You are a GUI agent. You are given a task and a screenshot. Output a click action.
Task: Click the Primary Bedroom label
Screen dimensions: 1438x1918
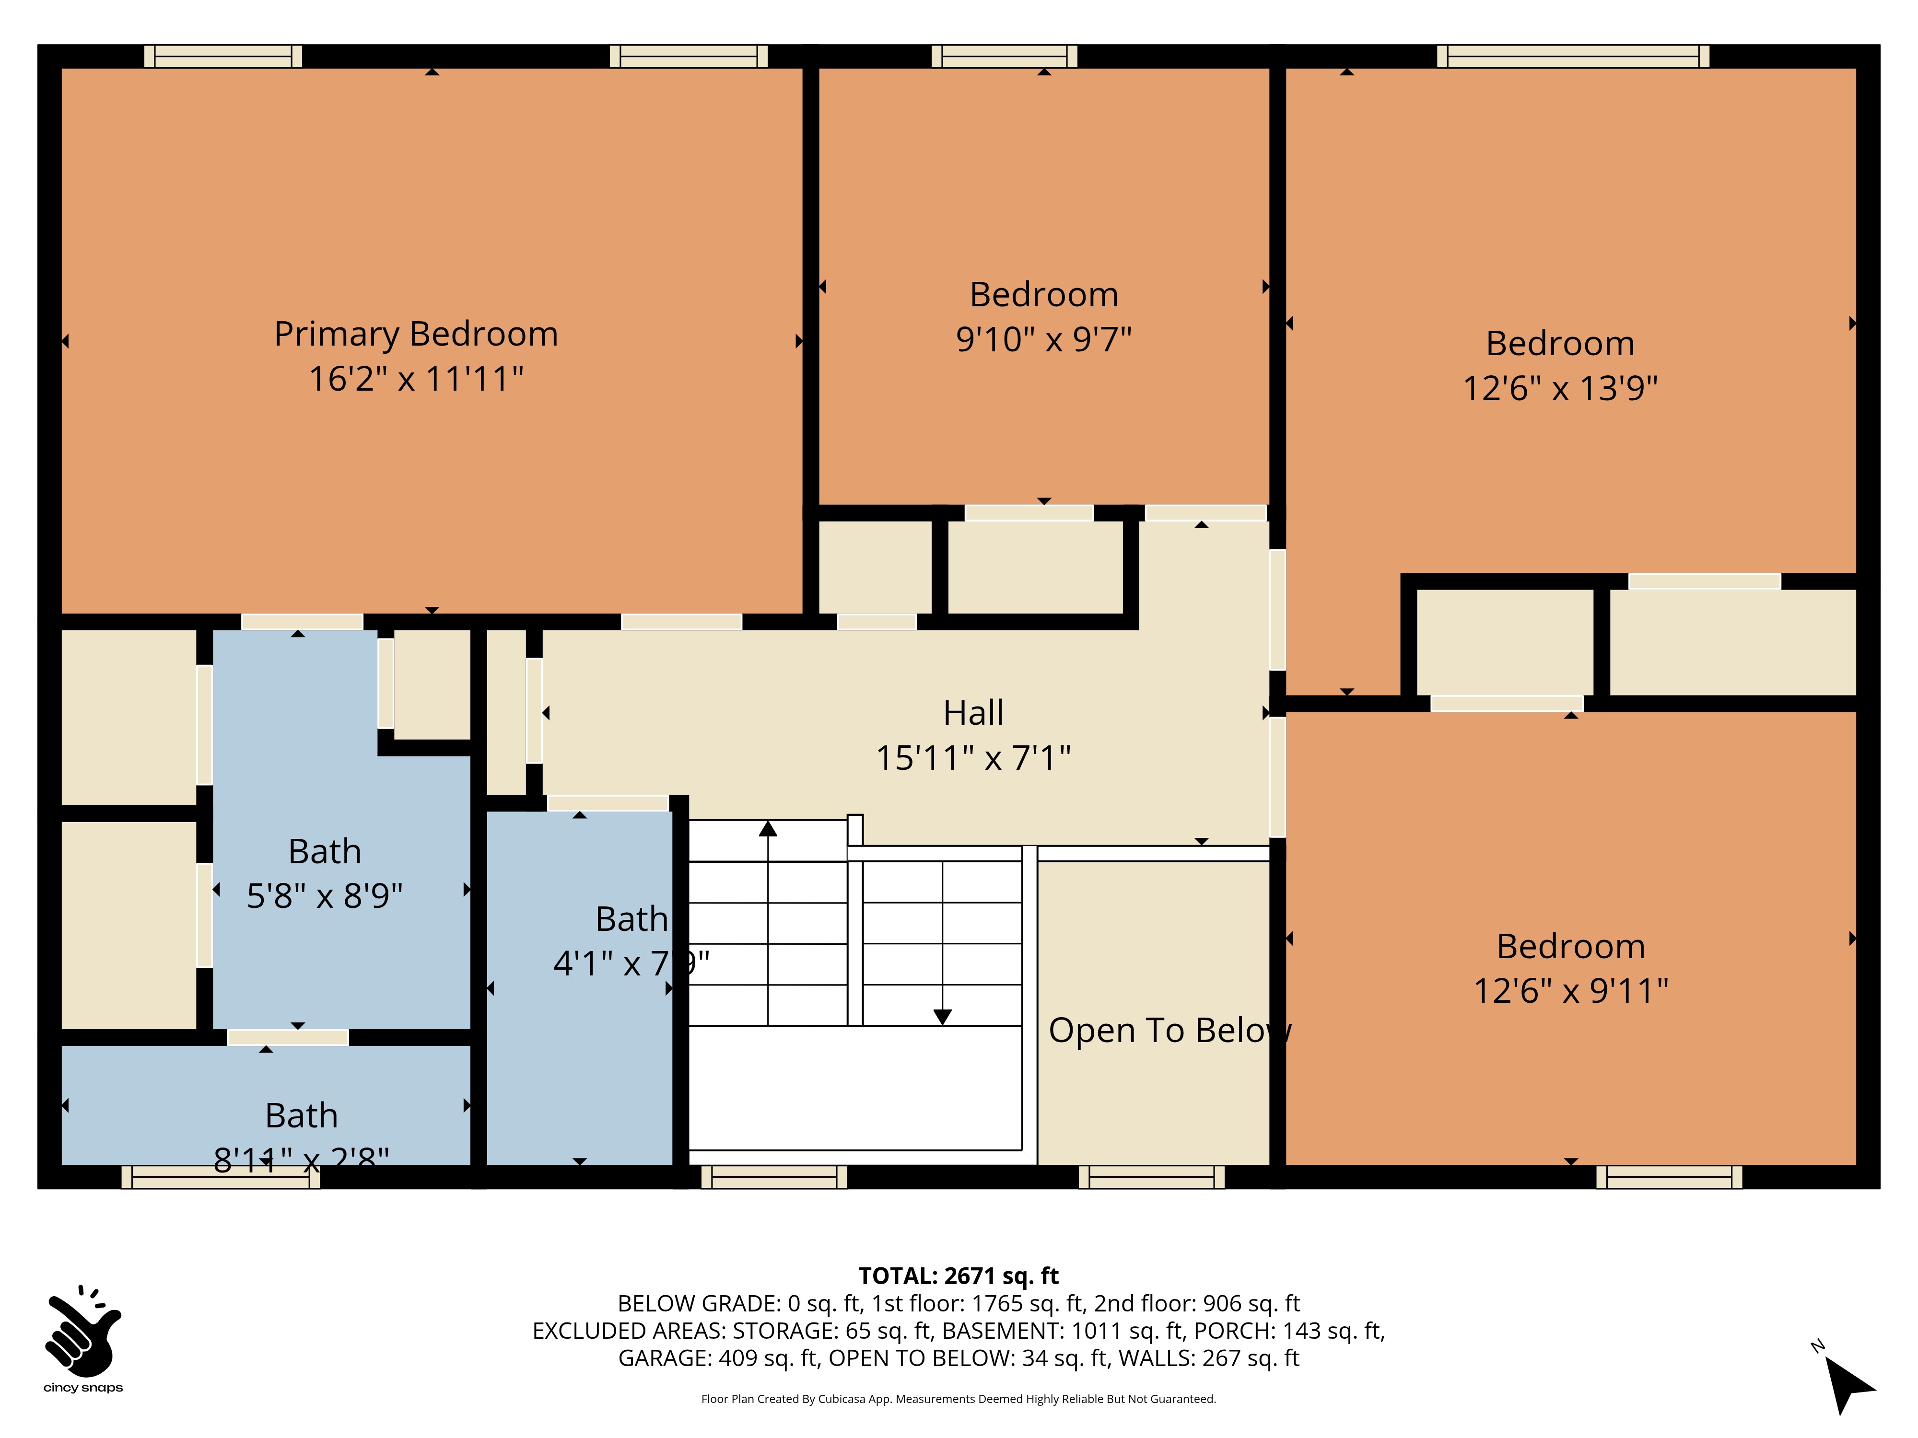416,334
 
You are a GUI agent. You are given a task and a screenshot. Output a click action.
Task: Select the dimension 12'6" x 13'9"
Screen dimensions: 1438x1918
1560,388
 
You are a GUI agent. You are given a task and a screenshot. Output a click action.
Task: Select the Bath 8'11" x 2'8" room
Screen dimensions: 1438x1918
265,1105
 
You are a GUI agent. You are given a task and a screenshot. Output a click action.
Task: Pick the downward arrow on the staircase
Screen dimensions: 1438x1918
943,1016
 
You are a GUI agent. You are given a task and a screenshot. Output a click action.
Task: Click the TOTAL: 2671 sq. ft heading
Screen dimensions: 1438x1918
958,1276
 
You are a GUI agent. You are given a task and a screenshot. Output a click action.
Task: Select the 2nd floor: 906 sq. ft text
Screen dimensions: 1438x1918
1196,1304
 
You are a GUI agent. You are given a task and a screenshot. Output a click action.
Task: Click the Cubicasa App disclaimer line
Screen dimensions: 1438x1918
958,1399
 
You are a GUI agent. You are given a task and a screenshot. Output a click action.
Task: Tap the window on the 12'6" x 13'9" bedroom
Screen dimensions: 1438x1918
1573,57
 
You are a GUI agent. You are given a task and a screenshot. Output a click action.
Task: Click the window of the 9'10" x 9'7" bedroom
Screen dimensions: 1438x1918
1004,57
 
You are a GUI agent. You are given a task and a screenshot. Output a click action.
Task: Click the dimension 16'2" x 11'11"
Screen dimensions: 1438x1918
416,379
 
